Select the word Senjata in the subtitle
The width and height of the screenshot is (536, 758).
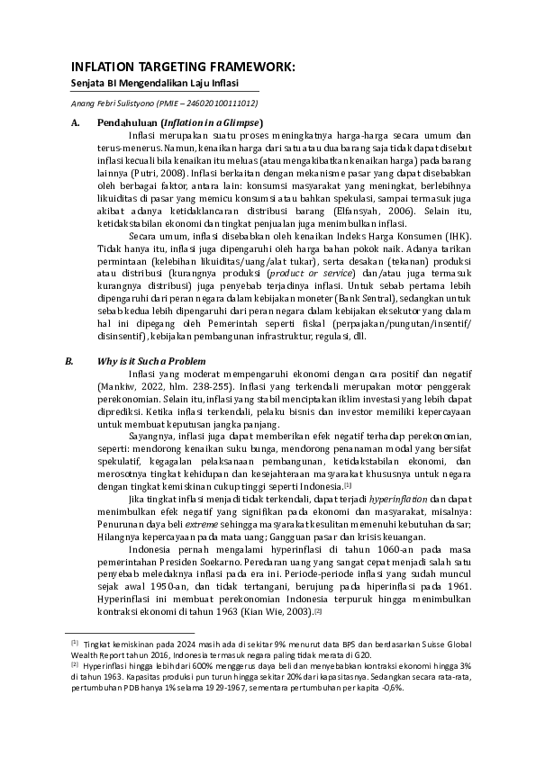click(87, 83)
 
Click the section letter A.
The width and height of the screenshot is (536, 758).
click(76, 122)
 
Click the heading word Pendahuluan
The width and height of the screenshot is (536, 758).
click(126, 122)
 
